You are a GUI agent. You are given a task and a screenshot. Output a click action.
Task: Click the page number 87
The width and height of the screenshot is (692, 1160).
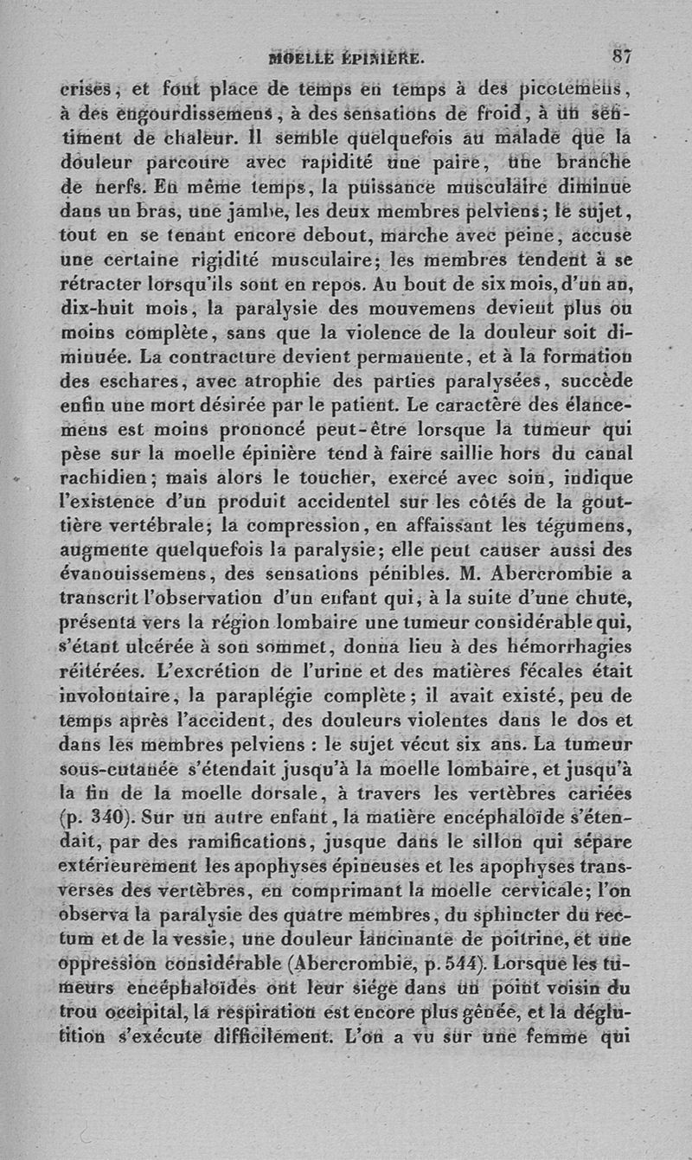click(x=622, y=57)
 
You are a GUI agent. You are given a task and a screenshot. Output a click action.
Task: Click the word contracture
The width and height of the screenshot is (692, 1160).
click(x=214, y=354)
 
